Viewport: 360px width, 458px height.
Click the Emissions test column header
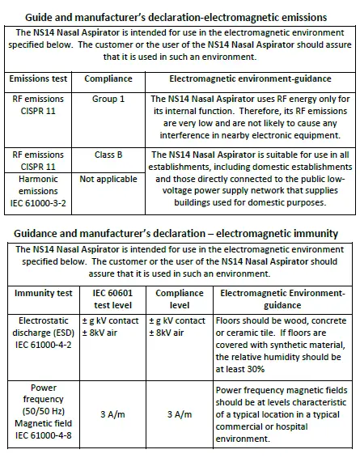pyautogui.click(x=40, y=80)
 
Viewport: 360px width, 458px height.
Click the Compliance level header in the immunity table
pyautogui.click(x=179, y=299)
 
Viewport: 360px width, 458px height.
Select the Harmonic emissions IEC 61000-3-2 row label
pyautogui.click(x=38, y=188)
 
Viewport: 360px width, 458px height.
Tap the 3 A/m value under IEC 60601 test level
pyautogui.click(x=112, y=413)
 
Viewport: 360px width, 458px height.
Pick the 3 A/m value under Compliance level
pyautogui.click(x=179, y=413)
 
